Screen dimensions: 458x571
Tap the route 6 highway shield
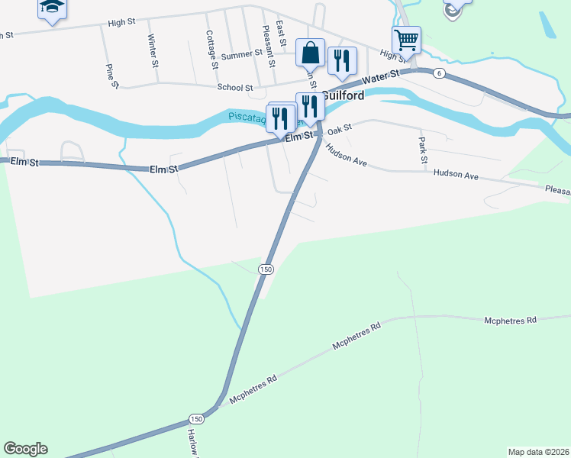point(440,73)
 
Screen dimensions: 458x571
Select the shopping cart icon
point(406,39)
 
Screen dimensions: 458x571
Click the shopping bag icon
point(310,53)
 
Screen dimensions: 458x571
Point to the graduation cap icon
point(52,7)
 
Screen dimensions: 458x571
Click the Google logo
point(25,449)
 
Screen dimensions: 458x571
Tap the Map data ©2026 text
point(538,452)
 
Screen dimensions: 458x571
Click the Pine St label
point(112,75)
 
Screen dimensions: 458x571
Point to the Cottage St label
point(211,50)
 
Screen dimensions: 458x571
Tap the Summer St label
point(241,56)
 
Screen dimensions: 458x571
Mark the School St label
point(235,88)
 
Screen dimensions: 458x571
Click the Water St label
point(382,78)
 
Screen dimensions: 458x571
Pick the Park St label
point(421,150)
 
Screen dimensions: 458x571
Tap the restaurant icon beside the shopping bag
point(342,61)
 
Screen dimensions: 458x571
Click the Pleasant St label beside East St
point(267,47)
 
